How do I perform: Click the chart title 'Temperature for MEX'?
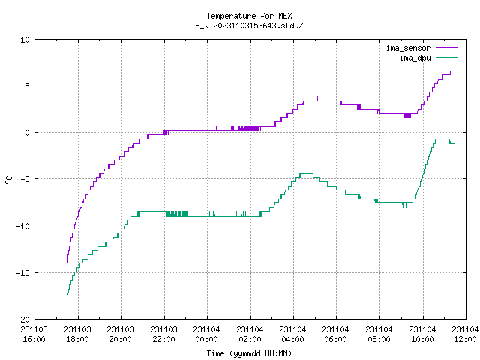249,16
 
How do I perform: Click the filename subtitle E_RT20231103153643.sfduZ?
249,25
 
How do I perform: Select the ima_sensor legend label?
408,48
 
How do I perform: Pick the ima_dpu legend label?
415,58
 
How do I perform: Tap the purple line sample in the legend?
446,48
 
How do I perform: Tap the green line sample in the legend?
446,57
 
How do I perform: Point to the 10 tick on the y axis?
25,40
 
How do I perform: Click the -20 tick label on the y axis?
23,319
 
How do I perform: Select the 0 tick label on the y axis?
28,133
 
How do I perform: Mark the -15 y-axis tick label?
23,273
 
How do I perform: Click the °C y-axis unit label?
8,180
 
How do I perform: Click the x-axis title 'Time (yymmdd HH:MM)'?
249,353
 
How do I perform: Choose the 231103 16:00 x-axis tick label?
34,334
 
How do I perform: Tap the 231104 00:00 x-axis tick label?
207,334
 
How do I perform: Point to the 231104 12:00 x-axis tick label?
465,334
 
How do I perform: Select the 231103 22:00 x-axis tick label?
163,334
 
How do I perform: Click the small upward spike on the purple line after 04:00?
317,98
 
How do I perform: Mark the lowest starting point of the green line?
67,297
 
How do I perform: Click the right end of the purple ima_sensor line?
455,71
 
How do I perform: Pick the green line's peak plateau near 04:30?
307,174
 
